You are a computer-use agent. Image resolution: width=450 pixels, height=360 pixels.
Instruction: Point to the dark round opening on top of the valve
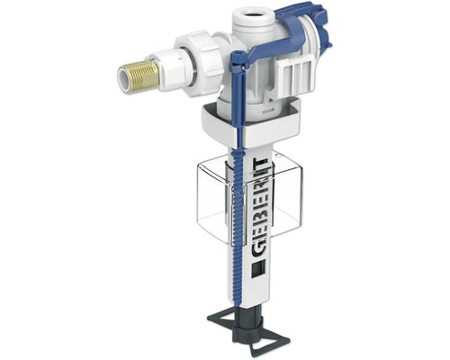point(253,13)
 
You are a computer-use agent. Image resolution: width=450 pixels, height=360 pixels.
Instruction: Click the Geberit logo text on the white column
point(258,208)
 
